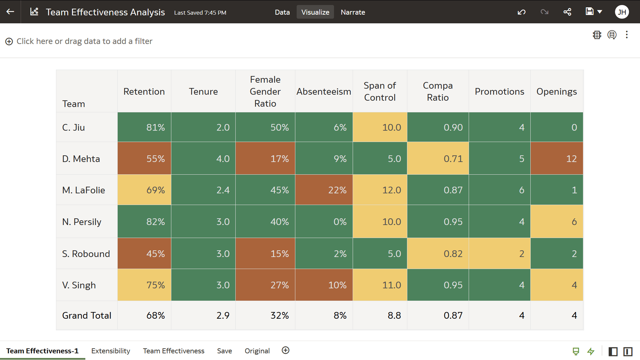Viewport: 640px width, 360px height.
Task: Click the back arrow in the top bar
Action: point(10,12)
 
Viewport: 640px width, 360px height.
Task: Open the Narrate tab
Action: point(353,12)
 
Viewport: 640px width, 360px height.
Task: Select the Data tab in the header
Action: point(282,12)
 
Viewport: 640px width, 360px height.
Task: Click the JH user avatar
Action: point(622,12)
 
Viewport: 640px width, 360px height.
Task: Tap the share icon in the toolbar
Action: point(567,12)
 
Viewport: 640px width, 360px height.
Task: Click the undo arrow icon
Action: point(521,12)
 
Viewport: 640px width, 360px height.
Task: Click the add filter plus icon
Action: point(9,41)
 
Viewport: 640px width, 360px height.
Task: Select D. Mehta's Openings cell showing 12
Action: point(556,158)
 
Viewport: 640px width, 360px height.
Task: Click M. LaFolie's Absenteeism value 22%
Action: point(324,190)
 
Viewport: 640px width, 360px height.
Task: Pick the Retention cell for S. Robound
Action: point(144,253)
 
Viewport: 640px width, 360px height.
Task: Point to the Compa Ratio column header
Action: point(437,91)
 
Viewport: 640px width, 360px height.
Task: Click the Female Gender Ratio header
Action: point(265,91)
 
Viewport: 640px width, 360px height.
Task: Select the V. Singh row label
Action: point(79,285)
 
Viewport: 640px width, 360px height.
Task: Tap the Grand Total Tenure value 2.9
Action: point(203,315)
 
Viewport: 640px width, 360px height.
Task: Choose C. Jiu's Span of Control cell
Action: point(380,127)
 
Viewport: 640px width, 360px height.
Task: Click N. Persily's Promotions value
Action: point(499,221)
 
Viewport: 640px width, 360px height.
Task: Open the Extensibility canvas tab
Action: point(111,351)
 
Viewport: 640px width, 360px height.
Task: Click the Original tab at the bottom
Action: point(257,351)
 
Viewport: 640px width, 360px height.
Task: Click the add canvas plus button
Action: point(285,350)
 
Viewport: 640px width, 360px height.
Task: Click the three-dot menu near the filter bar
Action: point(627,35)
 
